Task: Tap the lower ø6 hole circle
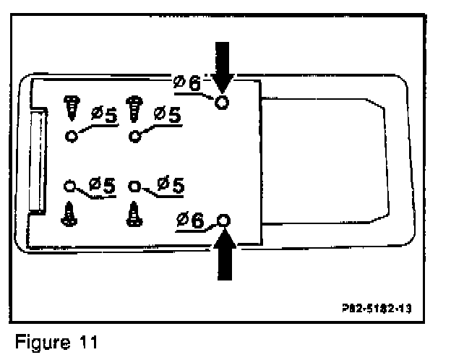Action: (223, 220)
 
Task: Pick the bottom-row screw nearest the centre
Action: (134, 214)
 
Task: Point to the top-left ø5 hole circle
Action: (71, 136)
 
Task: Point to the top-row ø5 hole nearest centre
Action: (134, 135)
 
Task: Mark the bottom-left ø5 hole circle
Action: (69, 185)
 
